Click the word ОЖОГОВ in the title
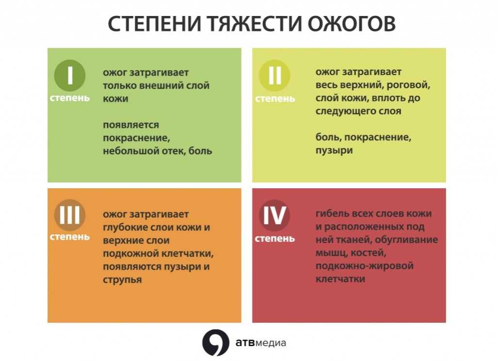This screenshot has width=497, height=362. tap(351, 23)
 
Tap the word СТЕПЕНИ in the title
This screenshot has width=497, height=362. tap(154, 23)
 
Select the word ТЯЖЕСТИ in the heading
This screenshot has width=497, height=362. tap(254, 23)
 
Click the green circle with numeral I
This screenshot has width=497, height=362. tap(70, 75)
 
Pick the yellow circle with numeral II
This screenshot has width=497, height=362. tap(275, 75)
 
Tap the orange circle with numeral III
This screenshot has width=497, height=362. tap(70, 215)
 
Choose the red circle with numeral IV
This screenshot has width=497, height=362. tap(275, 215)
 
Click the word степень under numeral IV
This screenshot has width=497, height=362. tap(275, 238)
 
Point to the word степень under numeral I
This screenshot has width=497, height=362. tap(70, 98)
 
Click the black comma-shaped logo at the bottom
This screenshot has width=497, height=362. tap(215, 343)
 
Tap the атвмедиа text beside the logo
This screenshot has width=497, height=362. tap(261, 343)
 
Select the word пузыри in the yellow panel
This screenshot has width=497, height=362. tap(334, 150)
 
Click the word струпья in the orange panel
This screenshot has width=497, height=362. tap(122, 280)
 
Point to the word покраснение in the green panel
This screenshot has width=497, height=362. tap(136, 138)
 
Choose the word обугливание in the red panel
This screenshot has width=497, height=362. tap(406, 240)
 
